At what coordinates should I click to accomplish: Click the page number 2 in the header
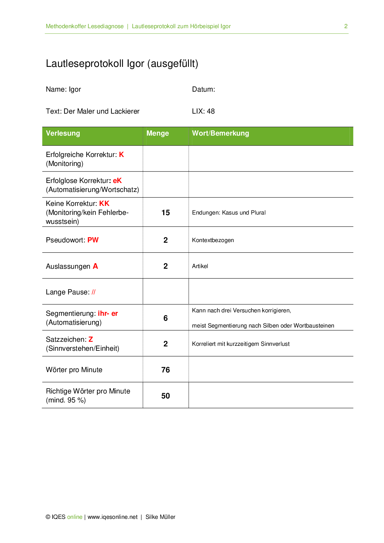346,26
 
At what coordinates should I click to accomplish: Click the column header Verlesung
63,133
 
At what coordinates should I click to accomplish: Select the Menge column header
158,133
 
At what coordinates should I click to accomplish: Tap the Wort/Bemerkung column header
220,133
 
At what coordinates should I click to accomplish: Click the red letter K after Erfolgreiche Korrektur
121,154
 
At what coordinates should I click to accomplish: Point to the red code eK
117,180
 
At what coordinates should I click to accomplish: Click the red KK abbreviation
104,203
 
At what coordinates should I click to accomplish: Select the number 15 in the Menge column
166,213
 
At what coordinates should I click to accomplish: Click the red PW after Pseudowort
93,240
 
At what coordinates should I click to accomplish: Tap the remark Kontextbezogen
213,240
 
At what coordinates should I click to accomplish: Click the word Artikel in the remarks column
200,266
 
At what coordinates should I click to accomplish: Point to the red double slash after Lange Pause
94,292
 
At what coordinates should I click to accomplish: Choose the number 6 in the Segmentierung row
166,318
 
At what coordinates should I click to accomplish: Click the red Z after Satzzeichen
91,339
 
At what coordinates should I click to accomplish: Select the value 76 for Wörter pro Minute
166,370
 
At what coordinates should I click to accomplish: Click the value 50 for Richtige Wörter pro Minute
166,396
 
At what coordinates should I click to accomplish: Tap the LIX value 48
211,111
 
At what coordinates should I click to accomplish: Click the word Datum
203,89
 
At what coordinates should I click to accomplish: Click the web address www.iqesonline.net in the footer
112,517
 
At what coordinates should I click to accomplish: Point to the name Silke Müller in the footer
160,517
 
